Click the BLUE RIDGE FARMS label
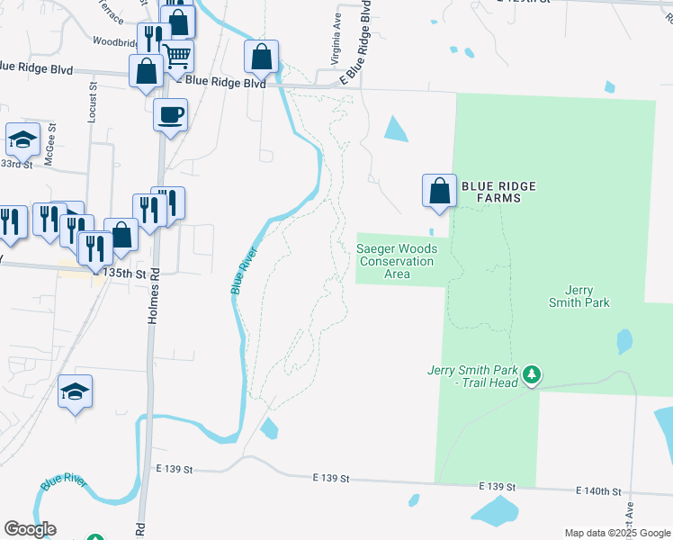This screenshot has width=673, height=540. coord(498,192)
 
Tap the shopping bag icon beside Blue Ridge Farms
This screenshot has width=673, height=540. coord(439,191)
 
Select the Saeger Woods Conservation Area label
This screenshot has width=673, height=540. coord(397,261)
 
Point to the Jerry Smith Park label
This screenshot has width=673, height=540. coord(579,296)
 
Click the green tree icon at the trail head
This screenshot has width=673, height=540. coord(532,373)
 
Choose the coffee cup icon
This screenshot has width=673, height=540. coord(170,114)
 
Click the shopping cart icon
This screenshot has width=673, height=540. coord(178,56)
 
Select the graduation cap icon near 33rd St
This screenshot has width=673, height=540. coord(22,139)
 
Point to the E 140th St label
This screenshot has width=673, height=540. coord(599,491)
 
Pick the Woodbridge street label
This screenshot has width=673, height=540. coord(113,41)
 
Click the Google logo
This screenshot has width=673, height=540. coord(30,529)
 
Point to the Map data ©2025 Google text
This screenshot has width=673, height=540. coord(616,533)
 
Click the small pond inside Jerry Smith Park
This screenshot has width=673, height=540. coord(624,341)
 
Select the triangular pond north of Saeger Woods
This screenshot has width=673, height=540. coord(395,130)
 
